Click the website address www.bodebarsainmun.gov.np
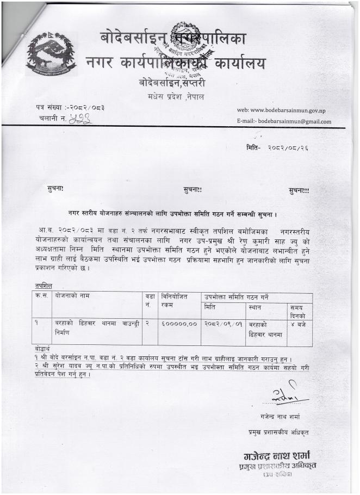point(284,110)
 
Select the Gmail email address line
point(284,121)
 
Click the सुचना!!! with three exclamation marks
point(307,190)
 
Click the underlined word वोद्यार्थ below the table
point(41,349)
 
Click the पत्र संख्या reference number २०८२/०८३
point(86,107)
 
